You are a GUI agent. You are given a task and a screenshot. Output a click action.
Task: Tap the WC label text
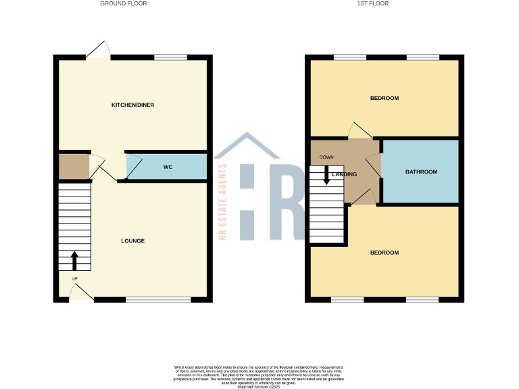point(168,166)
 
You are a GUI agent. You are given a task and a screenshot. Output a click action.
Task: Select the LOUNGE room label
point(132,241)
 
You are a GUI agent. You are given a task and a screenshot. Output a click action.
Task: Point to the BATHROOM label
point(421,172)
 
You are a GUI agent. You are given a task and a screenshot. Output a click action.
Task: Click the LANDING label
point(344,174)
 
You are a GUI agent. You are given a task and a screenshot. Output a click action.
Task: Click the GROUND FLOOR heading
point(124,3)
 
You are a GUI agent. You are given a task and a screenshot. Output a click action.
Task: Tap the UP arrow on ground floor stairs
point(74,260)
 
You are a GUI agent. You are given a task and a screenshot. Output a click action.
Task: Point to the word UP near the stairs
point(74,278)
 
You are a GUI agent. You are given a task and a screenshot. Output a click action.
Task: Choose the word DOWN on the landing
point(326,157)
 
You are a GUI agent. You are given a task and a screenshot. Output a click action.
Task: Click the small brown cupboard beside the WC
point(73,166)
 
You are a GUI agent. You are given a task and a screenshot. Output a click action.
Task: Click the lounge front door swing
point(82,292)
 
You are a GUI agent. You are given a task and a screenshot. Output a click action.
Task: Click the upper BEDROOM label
point(384,99)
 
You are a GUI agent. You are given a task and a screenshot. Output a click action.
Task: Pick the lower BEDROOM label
point(384,253)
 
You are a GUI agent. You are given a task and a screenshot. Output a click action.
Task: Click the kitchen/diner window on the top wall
point(170,57)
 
